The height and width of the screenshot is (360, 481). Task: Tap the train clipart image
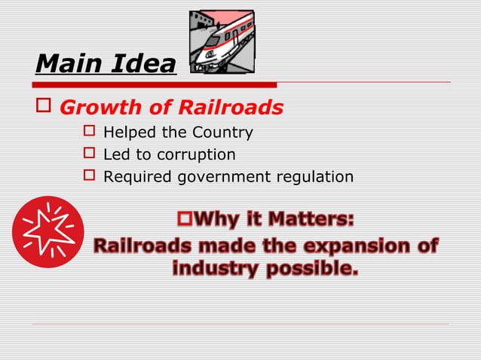(x=220, y=42)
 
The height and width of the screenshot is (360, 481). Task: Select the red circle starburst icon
(x=48, y=232)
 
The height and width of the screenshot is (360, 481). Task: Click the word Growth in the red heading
(x=97, y=108)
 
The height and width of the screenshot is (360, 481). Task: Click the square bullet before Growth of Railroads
(x=42, y=106)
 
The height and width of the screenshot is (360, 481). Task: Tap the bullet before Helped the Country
(x=89, y=133)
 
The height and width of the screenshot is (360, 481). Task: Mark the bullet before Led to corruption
(x=89, y=154)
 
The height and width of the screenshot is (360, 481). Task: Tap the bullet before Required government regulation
(x=89, y=176)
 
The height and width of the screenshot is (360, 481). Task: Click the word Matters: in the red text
(x=313, y=221)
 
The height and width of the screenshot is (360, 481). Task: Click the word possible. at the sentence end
(x=312, y=268)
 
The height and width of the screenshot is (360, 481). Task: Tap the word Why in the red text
(x=218, y=221)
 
